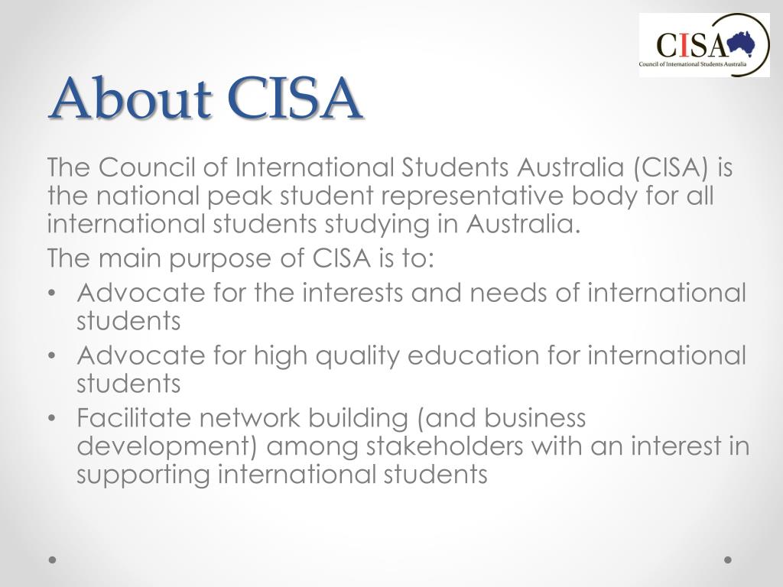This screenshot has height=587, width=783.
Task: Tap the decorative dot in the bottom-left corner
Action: click(53, 559)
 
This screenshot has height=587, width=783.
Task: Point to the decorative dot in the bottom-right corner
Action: click(728, 559)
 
